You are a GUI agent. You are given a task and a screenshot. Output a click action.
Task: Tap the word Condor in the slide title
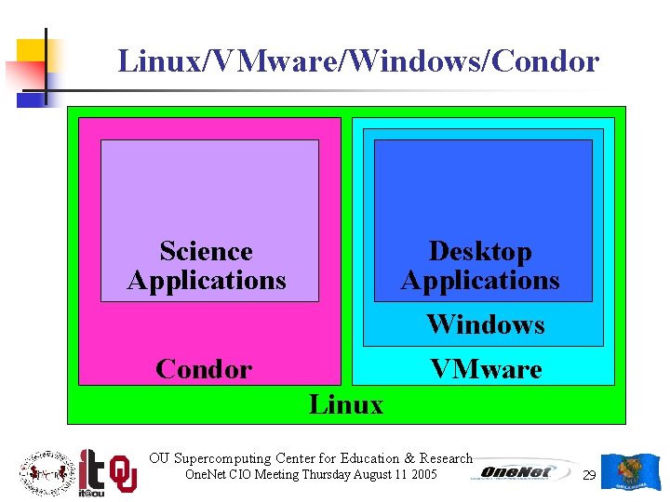(x=547, y=61)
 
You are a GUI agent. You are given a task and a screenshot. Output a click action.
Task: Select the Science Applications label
(x=207, y=266)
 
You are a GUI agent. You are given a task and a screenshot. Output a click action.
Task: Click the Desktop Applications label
(x=480, y=266)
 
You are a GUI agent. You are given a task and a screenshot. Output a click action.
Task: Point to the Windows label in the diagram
(x=485, y=324)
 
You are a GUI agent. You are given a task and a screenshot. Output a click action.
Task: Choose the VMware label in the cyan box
(x=485, y=369)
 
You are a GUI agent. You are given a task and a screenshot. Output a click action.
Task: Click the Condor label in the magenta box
(x=204, y=369)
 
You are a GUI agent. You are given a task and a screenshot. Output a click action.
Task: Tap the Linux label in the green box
(x=345, y=404)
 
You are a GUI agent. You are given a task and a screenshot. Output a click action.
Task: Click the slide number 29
(x=588, y=475)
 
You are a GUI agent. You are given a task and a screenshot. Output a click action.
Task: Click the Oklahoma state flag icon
(x=631, y=472)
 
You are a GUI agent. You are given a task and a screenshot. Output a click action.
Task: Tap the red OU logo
(x=123, y=473)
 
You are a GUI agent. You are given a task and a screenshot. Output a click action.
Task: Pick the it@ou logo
(x=91, y=471)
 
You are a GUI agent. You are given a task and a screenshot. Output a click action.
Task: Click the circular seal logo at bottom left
(x=45, y=472)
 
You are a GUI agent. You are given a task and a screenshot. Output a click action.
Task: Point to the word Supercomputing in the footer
(x=222, y=458)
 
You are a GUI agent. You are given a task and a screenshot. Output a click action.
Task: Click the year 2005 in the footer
(x=422, y=474)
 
